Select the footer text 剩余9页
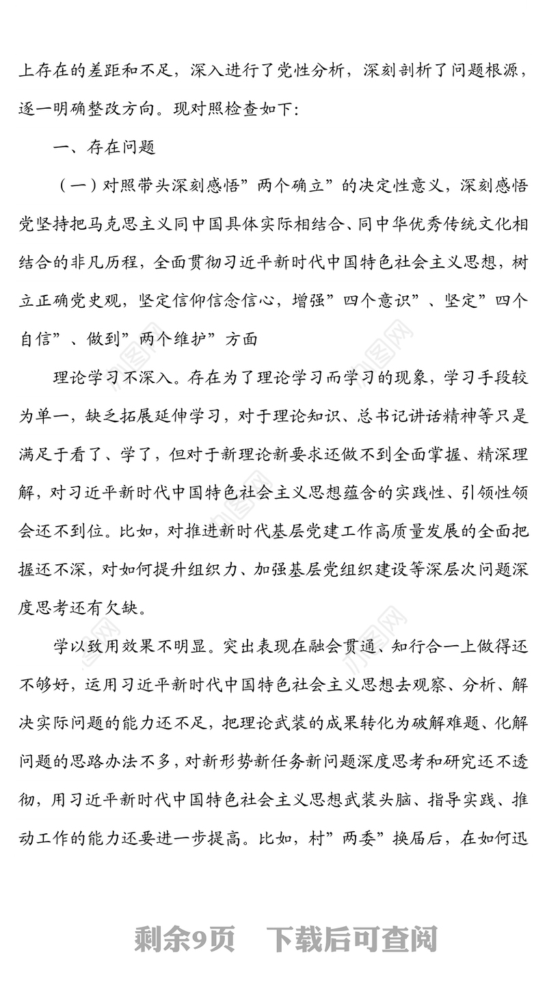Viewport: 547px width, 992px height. click(x=185, y=939)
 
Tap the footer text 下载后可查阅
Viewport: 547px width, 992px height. click(x=351, y=939)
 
